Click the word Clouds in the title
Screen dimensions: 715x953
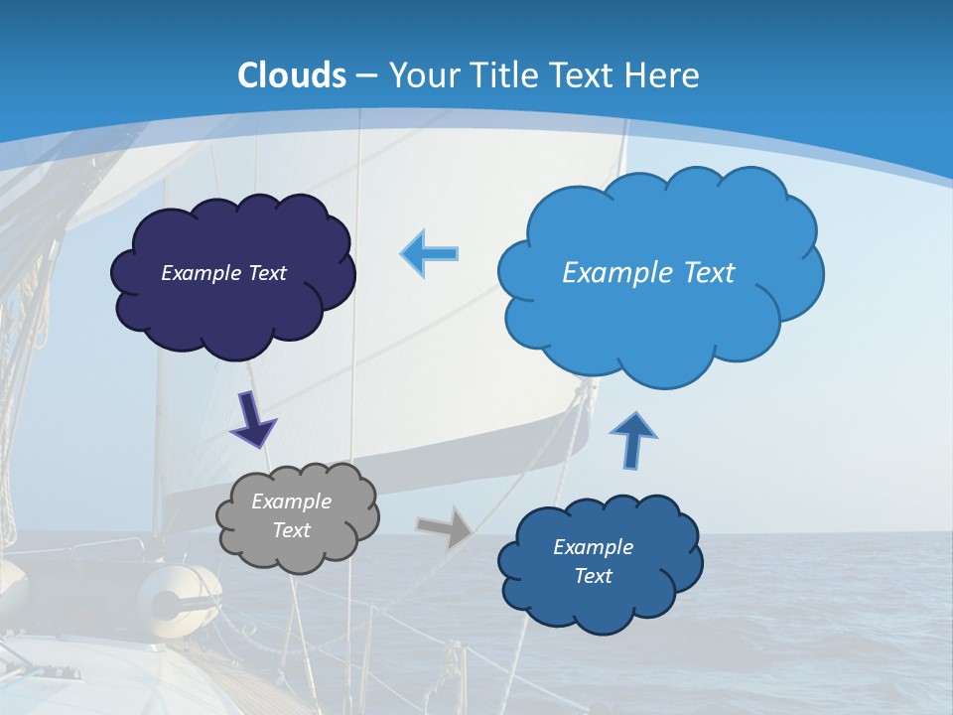292,75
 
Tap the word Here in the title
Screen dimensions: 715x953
664,75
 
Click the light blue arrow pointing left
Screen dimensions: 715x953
430,253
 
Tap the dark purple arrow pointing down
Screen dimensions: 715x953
252,419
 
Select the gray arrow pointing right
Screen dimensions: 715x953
445,527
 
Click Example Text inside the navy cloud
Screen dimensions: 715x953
223,273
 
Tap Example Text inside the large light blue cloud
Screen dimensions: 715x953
648,273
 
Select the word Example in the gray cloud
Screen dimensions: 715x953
291,501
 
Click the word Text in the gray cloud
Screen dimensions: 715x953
291,530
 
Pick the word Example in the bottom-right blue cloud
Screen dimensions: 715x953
593,547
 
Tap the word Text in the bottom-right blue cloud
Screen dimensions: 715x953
593,576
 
